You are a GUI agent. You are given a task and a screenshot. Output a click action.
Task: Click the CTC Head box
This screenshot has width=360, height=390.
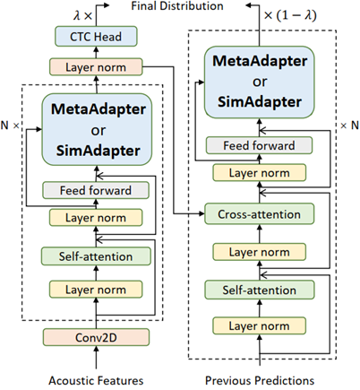pyautogui.click(x=96, y=36)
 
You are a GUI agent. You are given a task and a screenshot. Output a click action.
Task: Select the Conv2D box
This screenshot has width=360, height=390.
pyautogui.click(x=96, y=337)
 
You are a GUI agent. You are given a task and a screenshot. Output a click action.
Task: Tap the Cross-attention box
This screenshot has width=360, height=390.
pyautogui.click(x=259, y=214)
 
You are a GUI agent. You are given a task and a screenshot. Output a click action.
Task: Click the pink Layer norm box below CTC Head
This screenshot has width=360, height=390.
pyautogui.click(x=96, y=67)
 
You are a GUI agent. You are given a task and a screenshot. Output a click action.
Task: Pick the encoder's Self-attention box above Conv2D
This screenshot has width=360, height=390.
pyautogui.click(x=96, y=256)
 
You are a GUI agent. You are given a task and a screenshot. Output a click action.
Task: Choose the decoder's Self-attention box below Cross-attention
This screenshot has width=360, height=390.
pyautogui.click(x=259, y=290)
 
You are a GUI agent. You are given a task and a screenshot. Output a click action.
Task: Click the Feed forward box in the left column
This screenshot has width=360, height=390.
pyautogui.click(x=96, y=190)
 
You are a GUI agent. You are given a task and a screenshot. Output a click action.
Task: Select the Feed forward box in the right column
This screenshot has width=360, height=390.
pyautogui.click(x=259, y=145)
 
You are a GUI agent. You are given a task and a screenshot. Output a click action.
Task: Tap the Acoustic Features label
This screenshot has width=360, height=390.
pyautogui.click(x=96, y=380)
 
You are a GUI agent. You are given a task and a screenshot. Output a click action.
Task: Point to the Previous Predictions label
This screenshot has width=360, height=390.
pyautogui.click(x=260, y=380)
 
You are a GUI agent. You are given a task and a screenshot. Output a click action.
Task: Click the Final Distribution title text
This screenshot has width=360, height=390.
pyautogui.click(x=177, y=6)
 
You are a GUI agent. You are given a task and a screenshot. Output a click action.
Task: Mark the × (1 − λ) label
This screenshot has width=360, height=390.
pyautogui.click(x=290, y=15)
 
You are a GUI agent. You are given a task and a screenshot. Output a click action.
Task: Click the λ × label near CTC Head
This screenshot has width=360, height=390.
pyautogui.click(x=82, y=15)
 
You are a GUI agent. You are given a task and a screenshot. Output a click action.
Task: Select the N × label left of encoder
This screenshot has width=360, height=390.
pyautogui.click(x=10, y=126)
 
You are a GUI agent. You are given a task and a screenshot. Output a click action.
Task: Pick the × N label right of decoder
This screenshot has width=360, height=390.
pyautogui.click(x=349, y=126)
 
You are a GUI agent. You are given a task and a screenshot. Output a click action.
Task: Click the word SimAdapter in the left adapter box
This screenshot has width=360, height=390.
pyautogui.click(x=99, y=151)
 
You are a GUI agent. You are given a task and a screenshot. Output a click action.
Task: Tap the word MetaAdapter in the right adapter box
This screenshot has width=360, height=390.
pyautogui.click(x=260, y=61)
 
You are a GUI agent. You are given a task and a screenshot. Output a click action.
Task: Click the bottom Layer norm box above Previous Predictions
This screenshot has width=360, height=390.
pyautogui.click(x=259, y=325)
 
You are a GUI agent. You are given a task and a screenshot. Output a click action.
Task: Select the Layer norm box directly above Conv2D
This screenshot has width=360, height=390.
pyautogui.click(x=96, y=290)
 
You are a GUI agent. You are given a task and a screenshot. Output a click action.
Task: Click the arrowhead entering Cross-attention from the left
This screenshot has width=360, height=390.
pyautogui.click(x=201, y=213)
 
